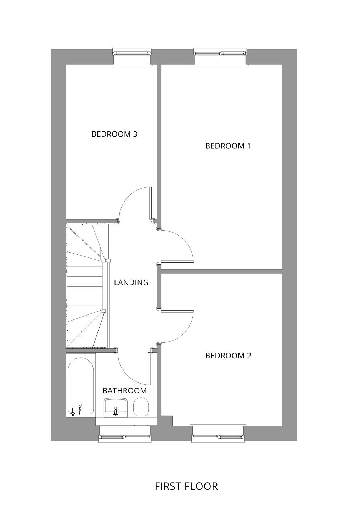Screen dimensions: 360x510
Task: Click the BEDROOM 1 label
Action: tap(228, 146)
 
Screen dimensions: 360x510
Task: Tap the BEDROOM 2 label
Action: tap(228, 356)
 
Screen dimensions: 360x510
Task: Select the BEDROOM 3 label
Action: tap(114, 134)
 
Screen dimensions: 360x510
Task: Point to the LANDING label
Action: tap(131, 283)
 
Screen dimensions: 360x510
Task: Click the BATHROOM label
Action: tap(125, 391)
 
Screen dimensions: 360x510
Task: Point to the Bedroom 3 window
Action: tap(132, 53)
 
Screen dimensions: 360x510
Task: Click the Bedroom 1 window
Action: tap(220, 53)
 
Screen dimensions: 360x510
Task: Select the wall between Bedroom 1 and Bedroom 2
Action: tap(221, 271)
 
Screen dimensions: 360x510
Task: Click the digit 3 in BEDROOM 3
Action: tap(135, 134)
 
